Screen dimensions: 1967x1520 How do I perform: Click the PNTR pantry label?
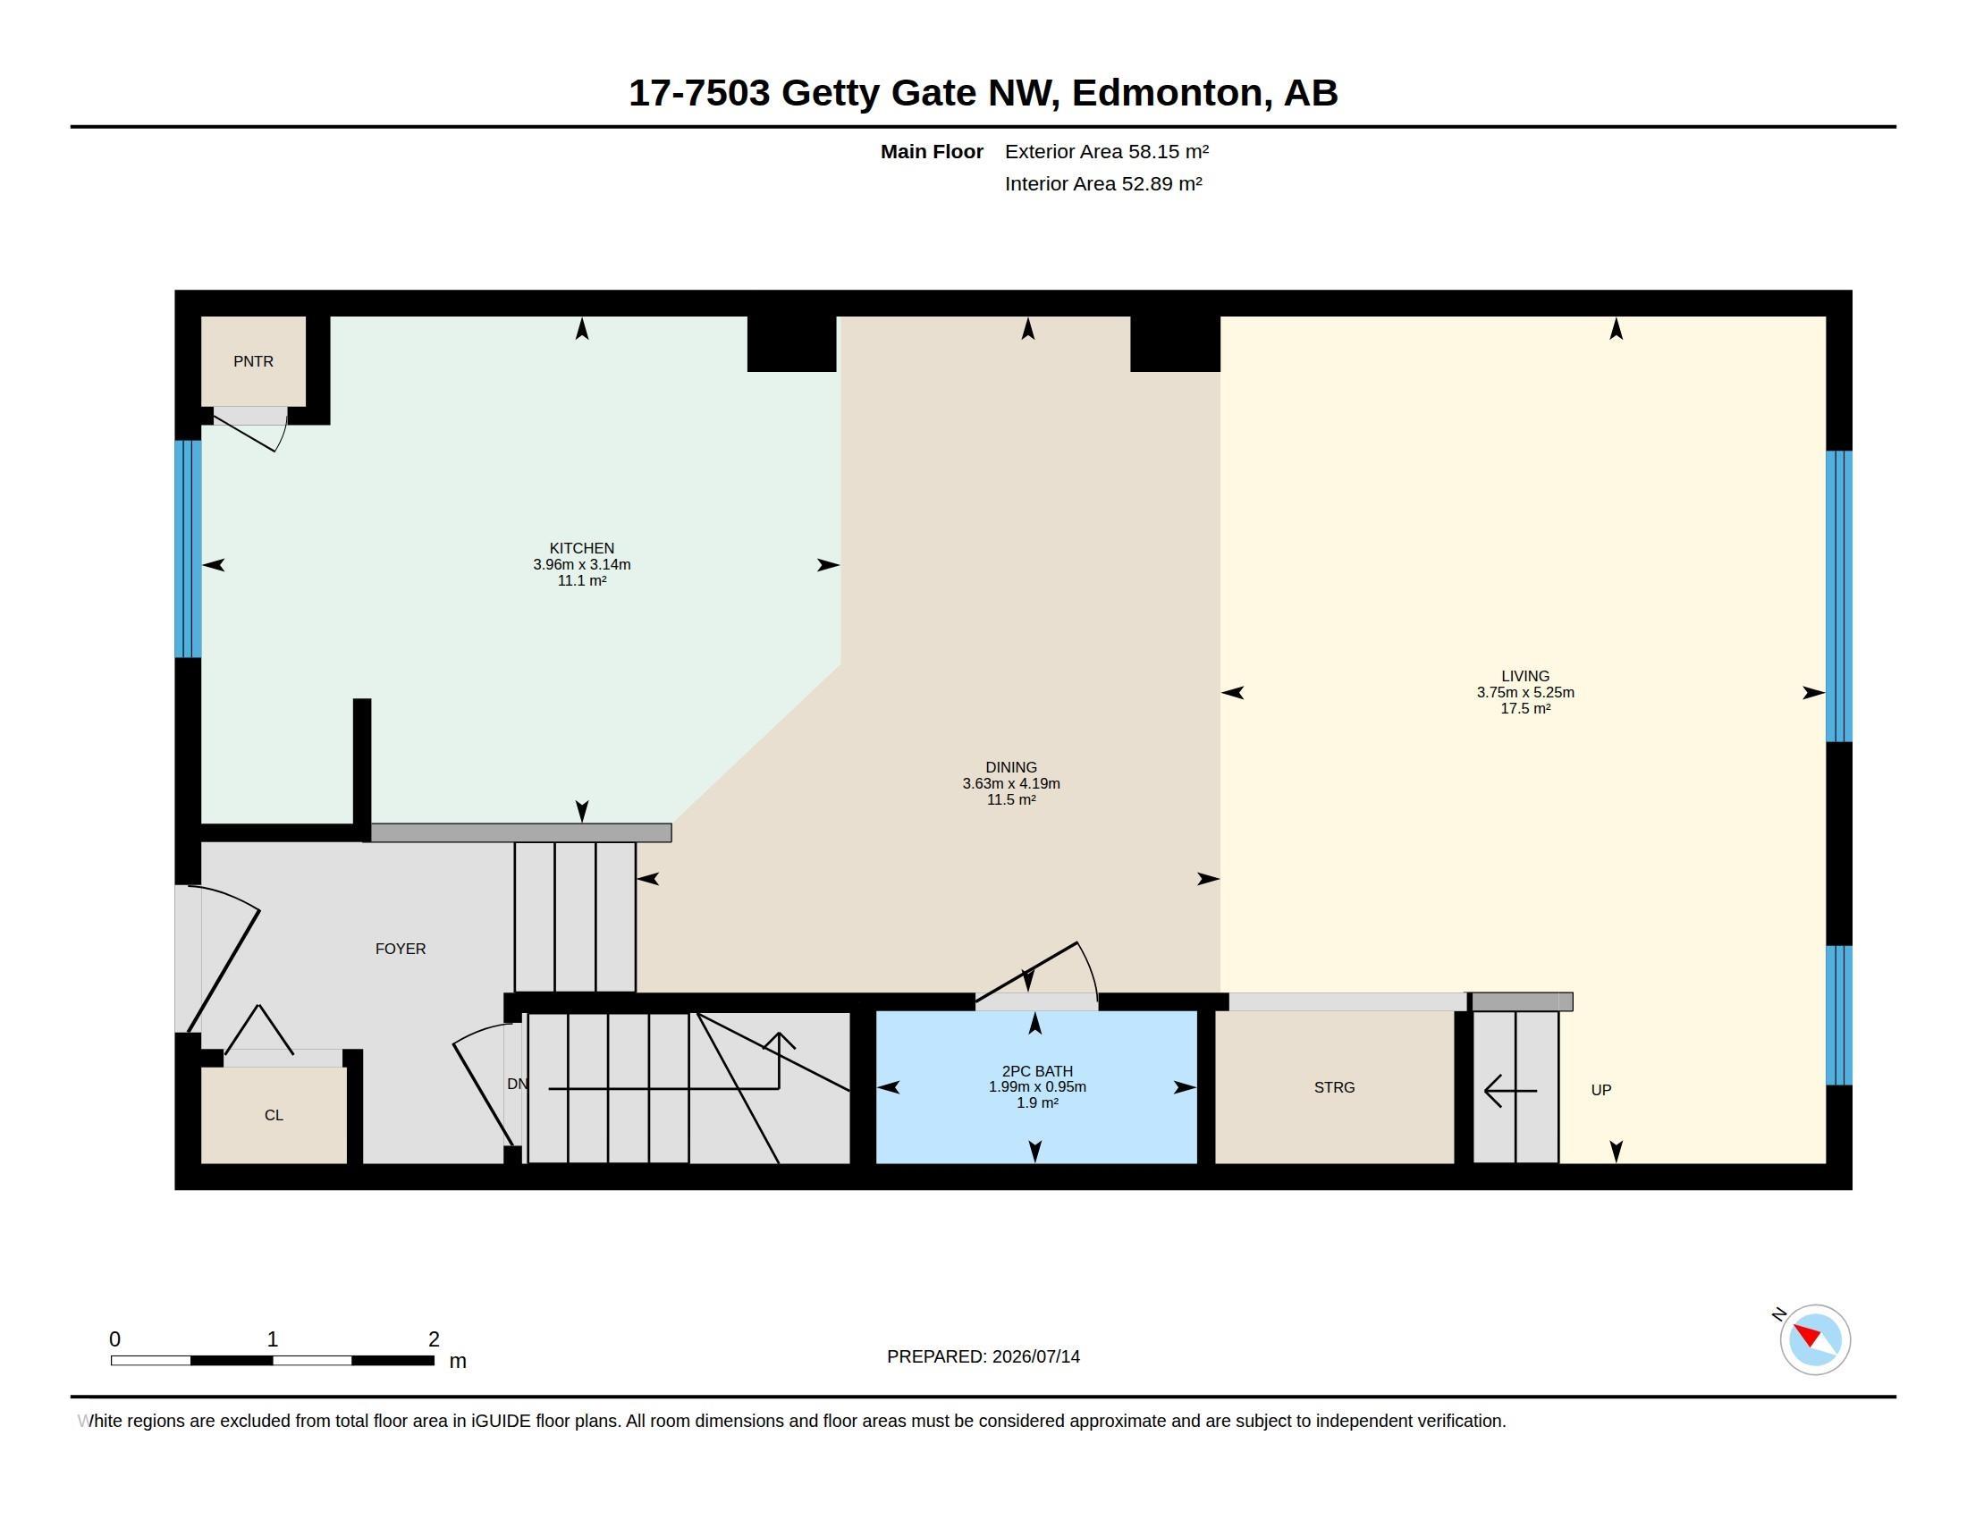point(253,361)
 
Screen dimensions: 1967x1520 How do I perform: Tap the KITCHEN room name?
point(582,547)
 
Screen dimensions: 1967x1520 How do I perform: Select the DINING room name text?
point(1010,767)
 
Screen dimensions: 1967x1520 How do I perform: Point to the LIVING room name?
point(1524,675)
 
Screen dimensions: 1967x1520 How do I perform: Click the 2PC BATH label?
point(1036,1070)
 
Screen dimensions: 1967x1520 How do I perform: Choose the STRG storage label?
point(1334,1087)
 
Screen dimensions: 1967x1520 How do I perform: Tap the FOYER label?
point(400,948)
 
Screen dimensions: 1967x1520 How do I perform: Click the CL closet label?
point(274,1115)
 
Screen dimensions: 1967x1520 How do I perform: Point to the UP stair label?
point(1600,1090)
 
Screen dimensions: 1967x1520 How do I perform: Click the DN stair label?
point(517,1084)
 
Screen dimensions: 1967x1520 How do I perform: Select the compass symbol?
point(1814,1339)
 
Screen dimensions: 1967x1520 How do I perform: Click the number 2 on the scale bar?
point(434,1339)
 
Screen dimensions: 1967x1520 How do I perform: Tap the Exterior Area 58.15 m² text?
point(1106,151)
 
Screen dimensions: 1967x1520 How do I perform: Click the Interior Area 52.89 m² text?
point(1103,183)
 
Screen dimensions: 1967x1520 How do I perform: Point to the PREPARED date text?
point(983,1356)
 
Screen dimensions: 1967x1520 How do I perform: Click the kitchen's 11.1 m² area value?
point(582,581)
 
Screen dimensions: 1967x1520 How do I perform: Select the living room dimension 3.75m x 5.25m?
point(1524,692)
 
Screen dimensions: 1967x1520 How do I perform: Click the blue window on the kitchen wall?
point(188,548)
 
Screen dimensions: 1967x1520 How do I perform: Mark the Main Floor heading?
point(932,151)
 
